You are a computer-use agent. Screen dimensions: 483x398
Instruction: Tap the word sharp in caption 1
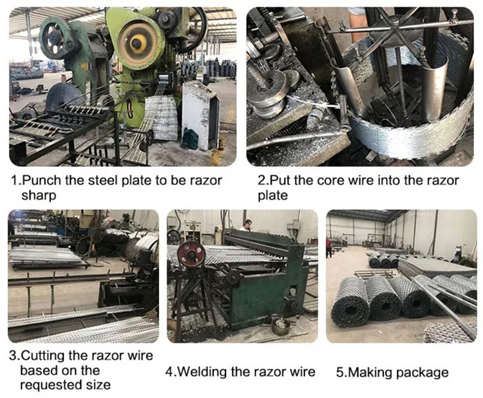(39, 196)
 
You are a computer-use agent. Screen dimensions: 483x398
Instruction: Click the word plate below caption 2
(272, 196)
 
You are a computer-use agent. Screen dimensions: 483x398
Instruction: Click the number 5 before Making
(339, 372)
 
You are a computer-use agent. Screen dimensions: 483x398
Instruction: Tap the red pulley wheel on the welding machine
(191, 254)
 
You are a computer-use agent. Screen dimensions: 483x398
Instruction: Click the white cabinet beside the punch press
(200, 115)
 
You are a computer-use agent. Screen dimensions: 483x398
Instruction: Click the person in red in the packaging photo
(329, 247)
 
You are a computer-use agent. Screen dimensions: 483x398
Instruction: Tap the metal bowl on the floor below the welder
(281, 327)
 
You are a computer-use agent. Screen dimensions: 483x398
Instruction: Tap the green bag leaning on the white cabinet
(190, 139)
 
